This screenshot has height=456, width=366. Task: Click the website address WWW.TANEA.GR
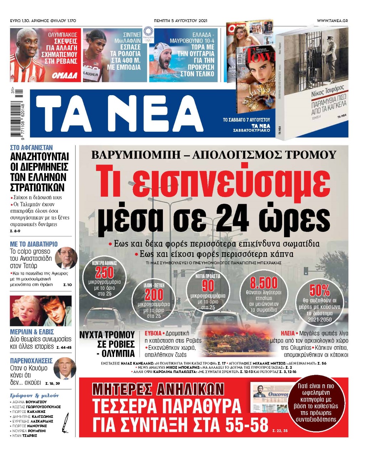pyautogui.click(x=332, y=21)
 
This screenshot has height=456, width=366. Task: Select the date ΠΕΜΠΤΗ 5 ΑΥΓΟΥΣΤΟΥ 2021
pyautogui.click(x=181, y=21)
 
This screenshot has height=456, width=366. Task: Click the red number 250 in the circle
pyautogui.click(x=104, y=273)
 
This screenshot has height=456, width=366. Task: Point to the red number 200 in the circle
pyautogui.click(x=154, y=295)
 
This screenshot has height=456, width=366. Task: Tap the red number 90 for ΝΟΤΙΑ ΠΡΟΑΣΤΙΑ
pyautogui.click(x=208, y=286)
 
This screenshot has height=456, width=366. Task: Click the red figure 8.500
pyautogui.click(x=264, y=283)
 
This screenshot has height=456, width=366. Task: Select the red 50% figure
pyautogui.click(x=319, y=291)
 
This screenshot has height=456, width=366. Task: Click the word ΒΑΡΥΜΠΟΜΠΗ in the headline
pyautogui.click(x=139, y=155)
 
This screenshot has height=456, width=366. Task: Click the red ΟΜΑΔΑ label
pyautogui.click(x=65, y=75)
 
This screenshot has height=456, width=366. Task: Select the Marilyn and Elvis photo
pyautogui.click(x=41, y=311)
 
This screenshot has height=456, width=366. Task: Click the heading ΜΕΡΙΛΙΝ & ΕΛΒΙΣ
pyautogui.click(x=32, y=332)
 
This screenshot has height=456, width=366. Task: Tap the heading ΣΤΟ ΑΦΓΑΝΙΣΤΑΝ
pyautogui.click(x=31, y=147)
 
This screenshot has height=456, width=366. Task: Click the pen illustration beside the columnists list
pyautogui.click(x=66, y=423)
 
